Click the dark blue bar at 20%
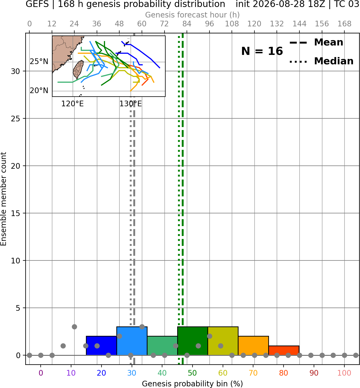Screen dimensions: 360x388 click(x=101, y=345)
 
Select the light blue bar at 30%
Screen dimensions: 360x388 click(x=132, y=341)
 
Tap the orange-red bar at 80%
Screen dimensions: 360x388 click(x=284, y=350)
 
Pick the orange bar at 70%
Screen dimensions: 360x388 click(x=253, y=345)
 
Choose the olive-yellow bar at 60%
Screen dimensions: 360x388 click(x=223, y=341)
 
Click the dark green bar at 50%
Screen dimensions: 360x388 click(x=193, y=341)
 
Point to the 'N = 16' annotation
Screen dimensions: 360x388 click(x=262, y=51)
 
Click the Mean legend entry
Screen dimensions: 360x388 click(x=316, y=43)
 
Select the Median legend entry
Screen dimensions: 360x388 click(x=321, y=61)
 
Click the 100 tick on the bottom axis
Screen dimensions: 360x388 click(x=344, y=373)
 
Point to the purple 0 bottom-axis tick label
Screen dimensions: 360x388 click(x=41, y=373)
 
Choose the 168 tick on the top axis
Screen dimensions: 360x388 click(x=344, y=24)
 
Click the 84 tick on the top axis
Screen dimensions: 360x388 click(x=187, y=24)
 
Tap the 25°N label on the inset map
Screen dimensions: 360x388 click(x=39, y=62)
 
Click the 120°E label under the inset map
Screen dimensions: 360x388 click(x=72, y=104)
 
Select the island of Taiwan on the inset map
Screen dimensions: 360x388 click(x=78, y=69)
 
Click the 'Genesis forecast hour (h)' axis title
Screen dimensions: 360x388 click(x=193, y=15)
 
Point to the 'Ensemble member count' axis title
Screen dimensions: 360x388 click(x=4, y=199)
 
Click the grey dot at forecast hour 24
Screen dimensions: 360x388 click(x=74, y=327)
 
